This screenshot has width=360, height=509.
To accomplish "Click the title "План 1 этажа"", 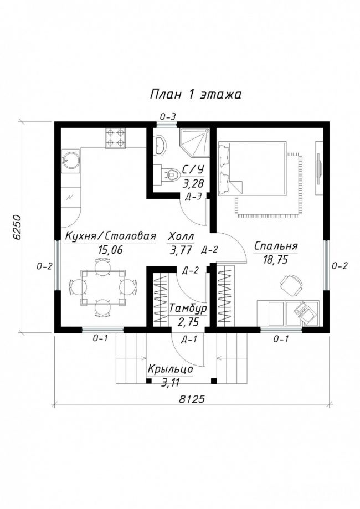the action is pos(196,95).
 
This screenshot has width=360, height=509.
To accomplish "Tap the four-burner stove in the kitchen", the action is pos(115,138).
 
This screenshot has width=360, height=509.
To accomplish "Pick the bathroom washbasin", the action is pos(160,145).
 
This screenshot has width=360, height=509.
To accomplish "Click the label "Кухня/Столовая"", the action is pos(110,236).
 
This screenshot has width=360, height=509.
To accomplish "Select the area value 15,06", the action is pos(110,250).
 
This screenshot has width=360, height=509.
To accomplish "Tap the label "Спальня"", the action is pos(276,246).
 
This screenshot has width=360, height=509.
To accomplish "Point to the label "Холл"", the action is pos(181,236).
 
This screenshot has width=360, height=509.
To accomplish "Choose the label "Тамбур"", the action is pos(188,308).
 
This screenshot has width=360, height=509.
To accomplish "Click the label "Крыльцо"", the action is pos(171,369).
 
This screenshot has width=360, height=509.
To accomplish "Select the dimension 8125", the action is pos(192,399).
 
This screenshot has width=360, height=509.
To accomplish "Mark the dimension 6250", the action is pos(17,227).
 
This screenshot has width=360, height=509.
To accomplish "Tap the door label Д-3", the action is pos(193,197).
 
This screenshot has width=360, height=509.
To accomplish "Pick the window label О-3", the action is pos(168,117).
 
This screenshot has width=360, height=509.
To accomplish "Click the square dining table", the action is pos(103,287).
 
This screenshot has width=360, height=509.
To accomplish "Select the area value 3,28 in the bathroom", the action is pos(193,184).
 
